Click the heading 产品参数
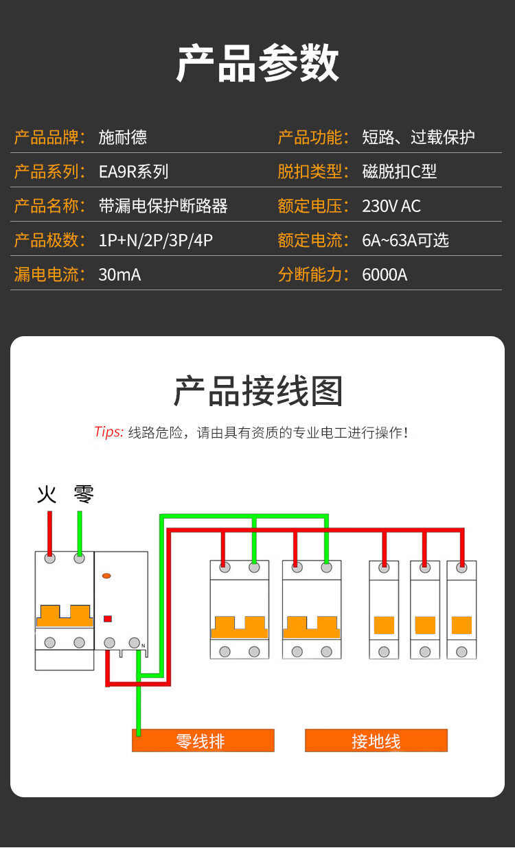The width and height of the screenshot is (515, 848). [257, 63]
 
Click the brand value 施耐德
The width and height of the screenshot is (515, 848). [123, 137]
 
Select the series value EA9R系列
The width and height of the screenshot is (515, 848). [133, 172]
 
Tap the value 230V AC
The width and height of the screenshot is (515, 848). [391, 206]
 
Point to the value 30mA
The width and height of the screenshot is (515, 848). [119, 274]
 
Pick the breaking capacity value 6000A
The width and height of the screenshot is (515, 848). [385, 274]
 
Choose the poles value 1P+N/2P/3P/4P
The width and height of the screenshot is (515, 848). [156, 240]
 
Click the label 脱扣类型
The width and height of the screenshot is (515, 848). [310, 172]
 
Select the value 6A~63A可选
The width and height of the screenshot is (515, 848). [405, 240]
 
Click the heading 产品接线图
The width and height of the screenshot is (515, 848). [257, 392]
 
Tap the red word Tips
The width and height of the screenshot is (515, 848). [108, 432]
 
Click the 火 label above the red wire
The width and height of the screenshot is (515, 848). [47, 494]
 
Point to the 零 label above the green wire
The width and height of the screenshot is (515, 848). [84, 494]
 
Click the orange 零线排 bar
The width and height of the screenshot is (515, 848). [203, 741]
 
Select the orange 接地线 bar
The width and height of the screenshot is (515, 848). [376, 741]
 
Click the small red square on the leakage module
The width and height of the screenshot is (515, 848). [107, 618]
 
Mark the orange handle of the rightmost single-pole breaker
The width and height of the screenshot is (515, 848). [461, 625]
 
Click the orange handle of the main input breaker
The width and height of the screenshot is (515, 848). [65, 615]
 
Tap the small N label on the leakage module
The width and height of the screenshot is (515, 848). [144, 646]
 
